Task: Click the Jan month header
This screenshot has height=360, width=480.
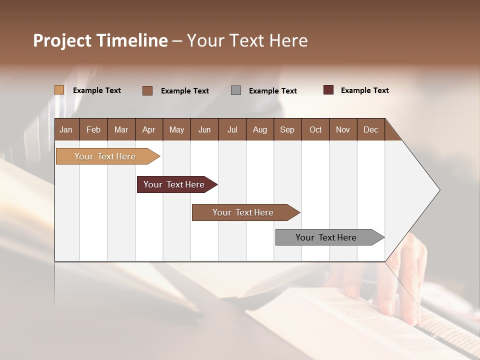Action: [x=66, y=129]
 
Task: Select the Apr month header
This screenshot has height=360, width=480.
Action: [x=148, y=129]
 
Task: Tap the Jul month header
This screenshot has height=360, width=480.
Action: [x=232, y=129]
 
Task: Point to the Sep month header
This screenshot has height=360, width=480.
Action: [x=287, y=129]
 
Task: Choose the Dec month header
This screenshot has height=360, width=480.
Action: [x=370, y=129]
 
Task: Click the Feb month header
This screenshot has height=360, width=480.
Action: [x=93, y=129]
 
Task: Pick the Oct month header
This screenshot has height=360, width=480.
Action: [x=315, y=129]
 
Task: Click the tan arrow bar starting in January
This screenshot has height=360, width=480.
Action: [x=105, y=156]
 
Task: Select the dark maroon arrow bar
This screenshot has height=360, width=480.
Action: [x=174, y=184]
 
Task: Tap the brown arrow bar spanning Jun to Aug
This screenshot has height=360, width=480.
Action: [x=243, y=212]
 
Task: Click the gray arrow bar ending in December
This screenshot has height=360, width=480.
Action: [x=326, y=237]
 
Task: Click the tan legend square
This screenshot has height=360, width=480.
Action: [x=59, y=90]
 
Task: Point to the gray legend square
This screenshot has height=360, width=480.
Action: [x=236, y=90]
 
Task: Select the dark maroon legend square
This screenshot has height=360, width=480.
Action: [x=328, y=90]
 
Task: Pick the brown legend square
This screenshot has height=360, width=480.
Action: [x=147, y=90]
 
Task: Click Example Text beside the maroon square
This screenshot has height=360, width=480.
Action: [x=364, y=90]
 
